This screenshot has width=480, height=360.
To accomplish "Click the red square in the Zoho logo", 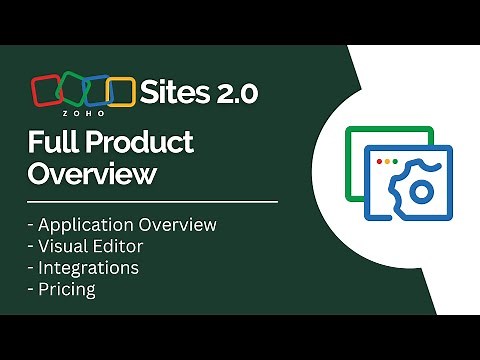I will [x=48, y=91].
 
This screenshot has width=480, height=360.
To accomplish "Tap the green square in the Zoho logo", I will [x=73, y=90].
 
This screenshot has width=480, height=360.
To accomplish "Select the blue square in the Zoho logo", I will [x=96, y=90].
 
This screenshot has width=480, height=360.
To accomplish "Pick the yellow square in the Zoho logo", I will [x=120, y=91].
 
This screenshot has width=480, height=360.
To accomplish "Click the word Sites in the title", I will [x=175, y=93].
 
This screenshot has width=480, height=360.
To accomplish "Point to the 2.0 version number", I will [x=236, y=93].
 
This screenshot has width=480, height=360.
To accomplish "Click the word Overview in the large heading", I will [x=92, y=174].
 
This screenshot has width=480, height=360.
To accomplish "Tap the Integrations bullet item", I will [x=89, y=268].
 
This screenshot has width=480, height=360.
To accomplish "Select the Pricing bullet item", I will [x=67, y=290].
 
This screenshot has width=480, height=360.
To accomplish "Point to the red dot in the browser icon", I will [x=378, y=160].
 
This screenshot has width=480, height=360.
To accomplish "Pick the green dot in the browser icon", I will [x=396, y=160].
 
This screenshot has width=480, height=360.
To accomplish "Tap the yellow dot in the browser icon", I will [x=387, y=160].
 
